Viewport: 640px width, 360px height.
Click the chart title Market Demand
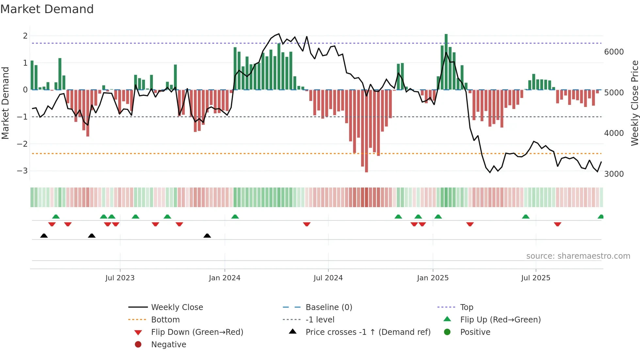(47, 9)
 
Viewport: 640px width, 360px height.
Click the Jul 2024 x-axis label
(328, 278)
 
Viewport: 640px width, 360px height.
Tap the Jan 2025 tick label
(433, 278)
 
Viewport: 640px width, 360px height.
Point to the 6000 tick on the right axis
(614, 52)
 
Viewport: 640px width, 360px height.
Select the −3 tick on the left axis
(22, 171)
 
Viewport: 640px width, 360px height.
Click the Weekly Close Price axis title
(634, 103)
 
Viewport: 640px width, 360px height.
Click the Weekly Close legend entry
(177, 307)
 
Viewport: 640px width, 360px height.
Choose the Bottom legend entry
(165, 320)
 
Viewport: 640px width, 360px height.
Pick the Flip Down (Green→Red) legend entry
(197, 332)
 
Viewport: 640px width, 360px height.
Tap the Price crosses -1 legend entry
(368, 332)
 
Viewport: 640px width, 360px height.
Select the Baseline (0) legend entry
(328, 307)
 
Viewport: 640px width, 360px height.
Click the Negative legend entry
(168, 345)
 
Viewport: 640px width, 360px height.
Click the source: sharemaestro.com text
(578, 256)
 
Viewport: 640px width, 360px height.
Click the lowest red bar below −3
(366, 131)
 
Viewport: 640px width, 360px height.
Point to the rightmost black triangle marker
(207, 236)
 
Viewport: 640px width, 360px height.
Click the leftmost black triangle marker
(44, 236)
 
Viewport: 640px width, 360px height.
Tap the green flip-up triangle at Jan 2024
(235, 217)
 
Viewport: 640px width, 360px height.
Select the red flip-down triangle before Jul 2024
(307, 224)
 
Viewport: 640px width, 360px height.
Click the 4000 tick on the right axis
(614, 133)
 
